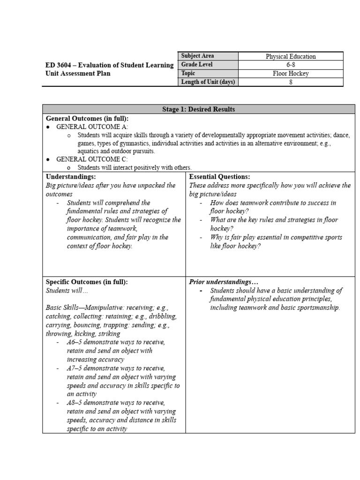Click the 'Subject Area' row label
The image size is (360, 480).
click(x=197, y=56)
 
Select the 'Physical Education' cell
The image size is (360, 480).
click(x=291, y=57)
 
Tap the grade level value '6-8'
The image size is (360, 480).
click(x=291, y=65)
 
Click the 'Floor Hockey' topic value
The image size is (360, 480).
click(x=291, y=74)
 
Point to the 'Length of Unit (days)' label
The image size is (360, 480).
click(x=208, y=82)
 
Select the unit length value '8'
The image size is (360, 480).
click(x=291, y=82)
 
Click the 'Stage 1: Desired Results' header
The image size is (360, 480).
click(x=198, y=109)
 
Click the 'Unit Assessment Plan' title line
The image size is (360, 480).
click(x=78, y=74)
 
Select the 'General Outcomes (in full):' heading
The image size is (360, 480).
click(x=87, y=118)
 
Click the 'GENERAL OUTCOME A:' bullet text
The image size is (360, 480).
click(x=92, y=127)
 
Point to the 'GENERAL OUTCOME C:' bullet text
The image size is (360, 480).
click(x=92, y=159)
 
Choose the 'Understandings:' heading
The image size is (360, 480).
click(x=71, y=177)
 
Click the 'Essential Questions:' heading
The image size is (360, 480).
click(x=219, y=177)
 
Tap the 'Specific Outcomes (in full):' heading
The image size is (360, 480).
click(x=87, y=282)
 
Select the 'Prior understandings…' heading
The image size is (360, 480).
click(x=224, y=282)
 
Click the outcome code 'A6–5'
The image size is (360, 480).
click(x=75, y=342)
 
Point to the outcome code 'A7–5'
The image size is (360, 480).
click(x=75, y=368)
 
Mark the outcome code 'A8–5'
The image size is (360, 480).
click(x=75, y=403)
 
